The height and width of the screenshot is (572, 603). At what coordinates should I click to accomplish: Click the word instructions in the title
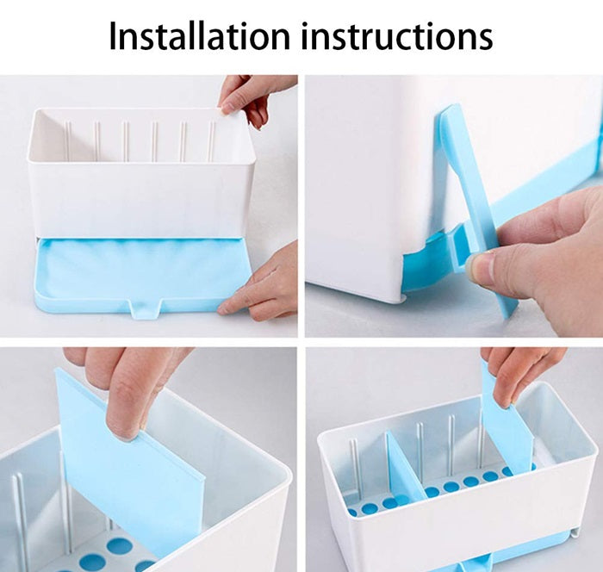[401, 35]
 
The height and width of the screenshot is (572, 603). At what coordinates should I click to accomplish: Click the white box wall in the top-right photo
[370, 190]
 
